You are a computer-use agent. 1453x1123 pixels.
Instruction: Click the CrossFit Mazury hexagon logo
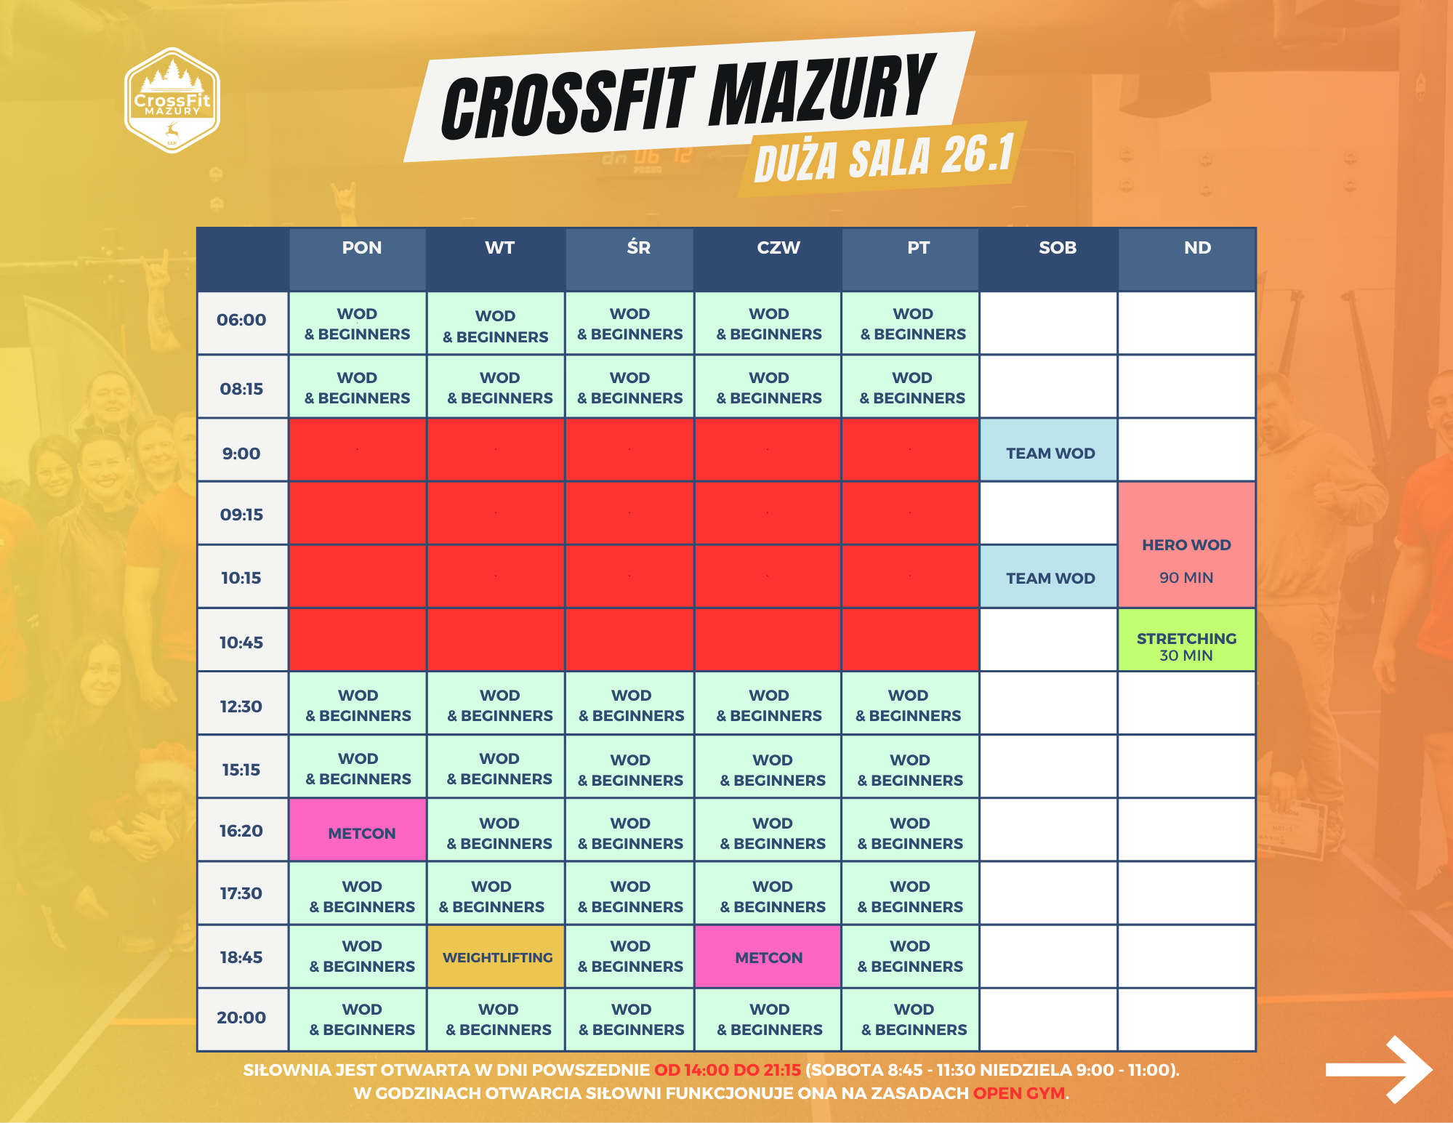tap(172, 100)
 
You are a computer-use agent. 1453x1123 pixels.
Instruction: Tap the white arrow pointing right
tap(1378, 1069)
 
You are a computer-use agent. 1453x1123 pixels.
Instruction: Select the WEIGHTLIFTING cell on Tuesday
tap(497, 957)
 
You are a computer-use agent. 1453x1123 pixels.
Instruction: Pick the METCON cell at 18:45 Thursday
tap(768, 957)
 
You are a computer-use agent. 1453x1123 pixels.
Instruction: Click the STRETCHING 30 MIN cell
tap(1186, 640)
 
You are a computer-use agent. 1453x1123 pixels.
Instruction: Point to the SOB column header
tap(1057, 248)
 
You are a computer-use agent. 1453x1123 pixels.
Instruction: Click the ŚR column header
tap(638, 247)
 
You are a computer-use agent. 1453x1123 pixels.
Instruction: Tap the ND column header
tap(1197, 248)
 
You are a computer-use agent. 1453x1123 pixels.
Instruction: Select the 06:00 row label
tap(241, 320)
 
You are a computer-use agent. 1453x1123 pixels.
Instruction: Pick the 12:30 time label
tap(241, 707)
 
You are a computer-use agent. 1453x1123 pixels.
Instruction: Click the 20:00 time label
tap(241, 1018)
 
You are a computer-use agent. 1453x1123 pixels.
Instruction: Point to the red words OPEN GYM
tap(1019, 1093)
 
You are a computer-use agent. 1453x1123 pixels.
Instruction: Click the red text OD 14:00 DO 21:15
tap(728, 1070)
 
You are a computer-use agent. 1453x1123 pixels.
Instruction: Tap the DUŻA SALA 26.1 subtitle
tap(884, 158)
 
